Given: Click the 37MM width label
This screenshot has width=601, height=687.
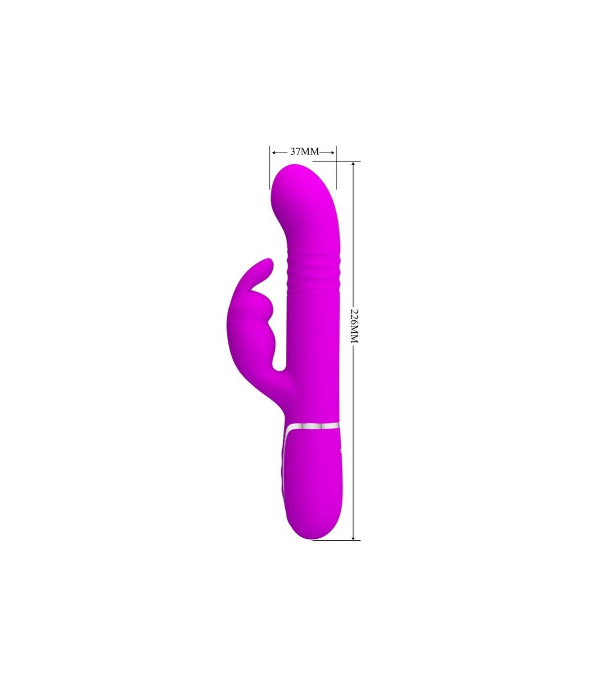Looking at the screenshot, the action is (x=304, y=151).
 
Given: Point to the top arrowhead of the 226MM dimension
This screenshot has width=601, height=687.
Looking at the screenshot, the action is (x=353, y=165).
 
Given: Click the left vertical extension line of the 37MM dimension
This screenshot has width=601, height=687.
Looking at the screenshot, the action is (x=269, y=167).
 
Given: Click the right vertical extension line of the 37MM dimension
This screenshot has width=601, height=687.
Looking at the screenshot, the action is (x=337, y=167).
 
